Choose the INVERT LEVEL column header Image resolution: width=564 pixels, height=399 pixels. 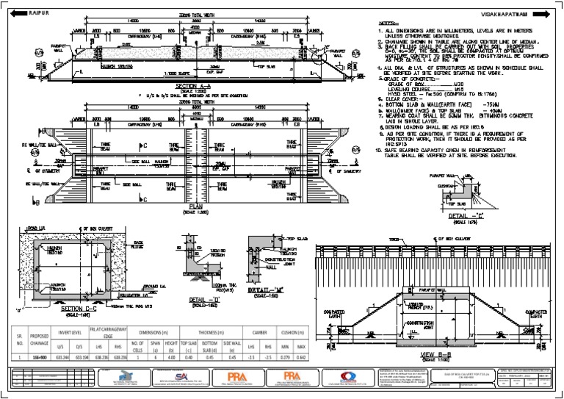click(69, 331)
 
